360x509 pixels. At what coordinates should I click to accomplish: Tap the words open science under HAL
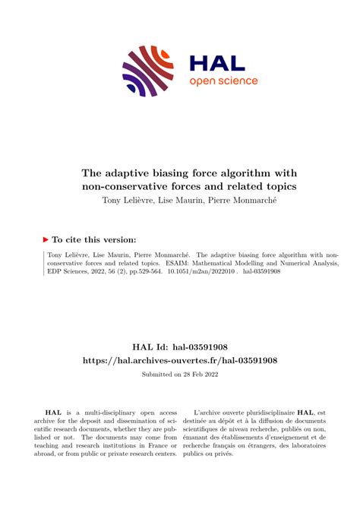pos(223,81)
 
